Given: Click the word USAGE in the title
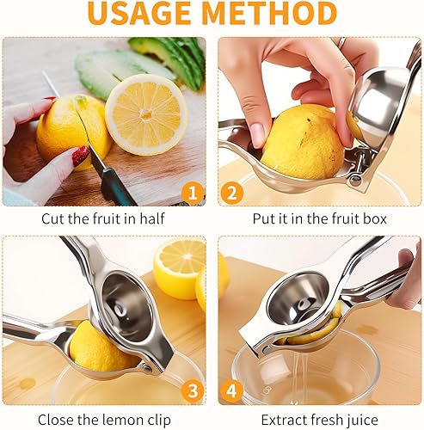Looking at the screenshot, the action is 139,13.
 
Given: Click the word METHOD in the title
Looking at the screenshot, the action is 269,13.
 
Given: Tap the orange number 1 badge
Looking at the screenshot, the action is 193,193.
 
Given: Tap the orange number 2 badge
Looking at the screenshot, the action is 231,193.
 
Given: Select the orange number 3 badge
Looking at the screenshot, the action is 193,391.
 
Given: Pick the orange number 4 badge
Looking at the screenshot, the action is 231,391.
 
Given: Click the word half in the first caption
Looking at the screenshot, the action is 152,218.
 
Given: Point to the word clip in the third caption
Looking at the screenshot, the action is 158,421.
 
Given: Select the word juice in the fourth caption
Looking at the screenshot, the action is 362,421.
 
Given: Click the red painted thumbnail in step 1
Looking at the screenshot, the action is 81,157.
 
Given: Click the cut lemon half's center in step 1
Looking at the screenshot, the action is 146,114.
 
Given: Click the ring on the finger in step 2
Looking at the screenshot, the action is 341,43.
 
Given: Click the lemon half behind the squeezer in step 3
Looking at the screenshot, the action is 179,269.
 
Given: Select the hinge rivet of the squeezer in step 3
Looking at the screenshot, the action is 147,368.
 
